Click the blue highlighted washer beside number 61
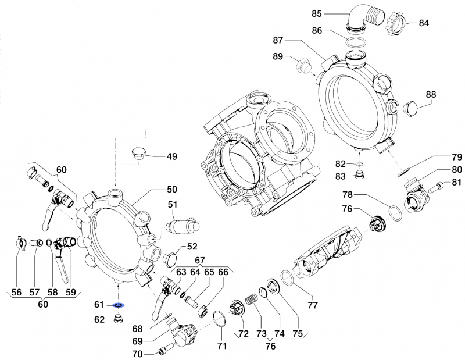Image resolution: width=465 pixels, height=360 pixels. (x=118, y=305)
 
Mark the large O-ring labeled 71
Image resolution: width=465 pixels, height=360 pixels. (x=220, y=319)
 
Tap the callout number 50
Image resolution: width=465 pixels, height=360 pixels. (x=173, y=190)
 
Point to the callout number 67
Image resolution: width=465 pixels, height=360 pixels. (x=199, y=260)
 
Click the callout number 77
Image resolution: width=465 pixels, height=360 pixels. (x=313, y=304)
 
